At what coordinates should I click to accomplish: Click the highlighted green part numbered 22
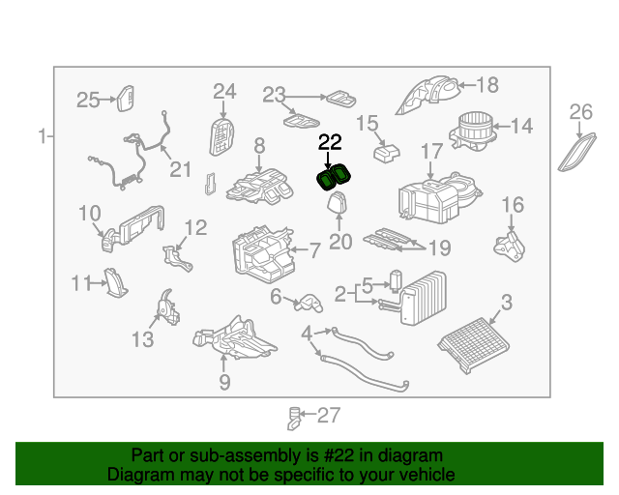tap(335, 178)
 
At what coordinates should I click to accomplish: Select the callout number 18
tap(487, 86)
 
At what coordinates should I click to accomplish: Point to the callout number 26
tap(580, 113)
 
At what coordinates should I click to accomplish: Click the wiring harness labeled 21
tap(131, 160)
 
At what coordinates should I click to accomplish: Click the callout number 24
tap(224, 92)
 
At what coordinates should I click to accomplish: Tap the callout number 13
tap(142, 339)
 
